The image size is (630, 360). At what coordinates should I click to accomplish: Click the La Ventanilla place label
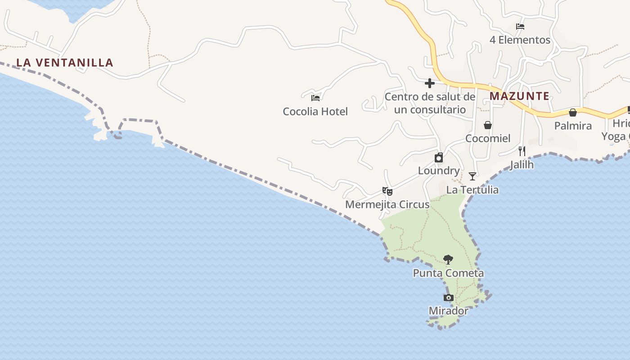65,63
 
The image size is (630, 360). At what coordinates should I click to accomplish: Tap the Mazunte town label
519,96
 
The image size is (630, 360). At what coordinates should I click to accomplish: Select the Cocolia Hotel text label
315,111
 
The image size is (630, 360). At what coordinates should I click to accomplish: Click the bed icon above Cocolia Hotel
315,97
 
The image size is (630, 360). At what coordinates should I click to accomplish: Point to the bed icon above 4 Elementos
520,27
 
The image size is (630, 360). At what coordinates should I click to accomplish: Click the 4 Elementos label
520,40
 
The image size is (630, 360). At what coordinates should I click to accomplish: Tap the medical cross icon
430,83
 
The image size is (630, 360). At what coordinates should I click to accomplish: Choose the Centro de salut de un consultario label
430,103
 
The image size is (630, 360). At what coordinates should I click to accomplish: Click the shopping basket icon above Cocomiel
488,125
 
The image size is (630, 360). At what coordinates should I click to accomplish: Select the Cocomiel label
488,138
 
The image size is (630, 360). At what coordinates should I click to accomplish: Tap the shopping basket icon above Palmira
573,112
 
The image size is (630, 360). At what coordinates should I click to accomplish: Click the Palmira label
573,126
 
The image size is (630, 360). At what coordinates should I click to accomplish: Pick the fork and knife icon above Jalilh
522,151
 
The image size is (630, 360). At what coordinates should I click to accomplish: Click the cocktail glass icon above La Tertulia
472,176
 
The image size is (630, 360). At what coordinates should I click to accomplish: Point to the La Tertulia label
472,189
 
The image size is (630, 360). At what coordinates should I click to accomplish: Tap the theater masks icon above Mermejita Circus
387,191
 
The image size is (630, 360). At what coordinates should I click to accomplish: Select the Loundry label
439,171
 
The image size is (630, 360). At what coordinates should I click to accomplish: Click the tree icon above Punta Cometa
448,259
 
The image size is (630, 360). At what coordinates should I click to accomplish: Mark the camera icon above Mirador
449,297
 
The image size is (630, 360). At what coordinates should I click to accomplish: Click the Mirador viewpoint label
448,310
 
